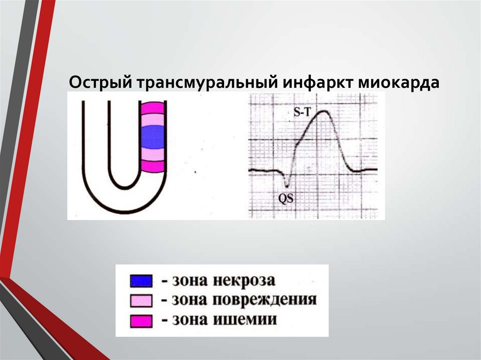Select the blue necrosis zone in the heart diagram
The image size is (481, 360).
[x=153, y=137]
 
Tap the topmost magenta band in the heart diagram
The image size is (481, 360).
[x=153, y=108]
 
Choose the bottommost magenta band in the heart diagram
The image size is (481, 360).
[x=153, y=166]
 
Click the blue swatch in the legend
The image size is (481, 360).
[x=141, y=281]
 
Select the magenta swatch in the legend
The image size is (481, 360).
[x=141, y=321]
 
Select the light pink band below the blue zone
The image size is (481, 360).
[x=153, y=154]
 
